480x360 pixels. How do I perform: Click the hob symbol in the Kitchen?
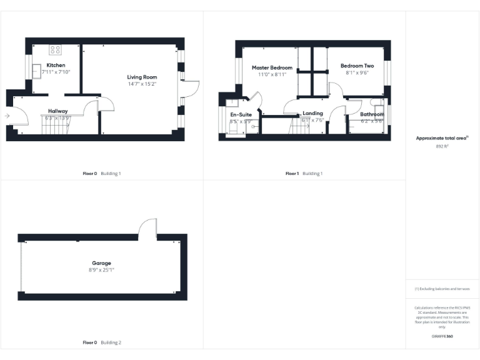[x=56, y=50]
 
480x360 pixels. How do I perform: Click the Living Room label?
[x=142, y=77]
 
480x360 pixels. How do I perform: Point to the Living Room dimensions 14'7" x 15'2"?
[x=142, y=84]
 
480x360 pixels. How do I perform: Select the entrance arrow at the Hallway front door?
[x=7, y=116]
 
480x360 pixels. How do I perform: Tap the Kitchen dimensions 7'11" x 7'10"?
[x=56, y=72]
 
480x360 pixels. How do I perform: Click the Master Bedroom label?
[x=272, y=67]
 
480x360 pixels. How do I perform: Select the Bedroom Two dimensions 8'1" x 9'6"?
[x=357, y=72]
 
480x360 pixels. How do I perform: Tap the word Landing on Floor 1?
[x=312, y=113]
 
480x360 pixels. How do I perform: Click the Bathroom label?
[x=371, y=114]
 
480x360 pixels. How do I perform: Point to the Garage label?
[x=102, y=263]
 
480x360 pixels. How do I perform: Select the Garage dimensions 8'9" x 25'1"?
[x=102, y=270]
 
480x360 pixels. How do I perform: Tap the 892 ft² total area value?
[x=442, y=146]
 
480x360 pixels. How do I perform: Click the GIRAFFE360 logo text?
[x=442, y=336]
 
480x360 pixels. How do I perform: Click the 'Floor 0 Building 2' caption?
[x=102, y=342]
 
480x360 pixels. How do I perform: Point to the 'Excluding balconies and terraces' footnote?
[x=442, y=289]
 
